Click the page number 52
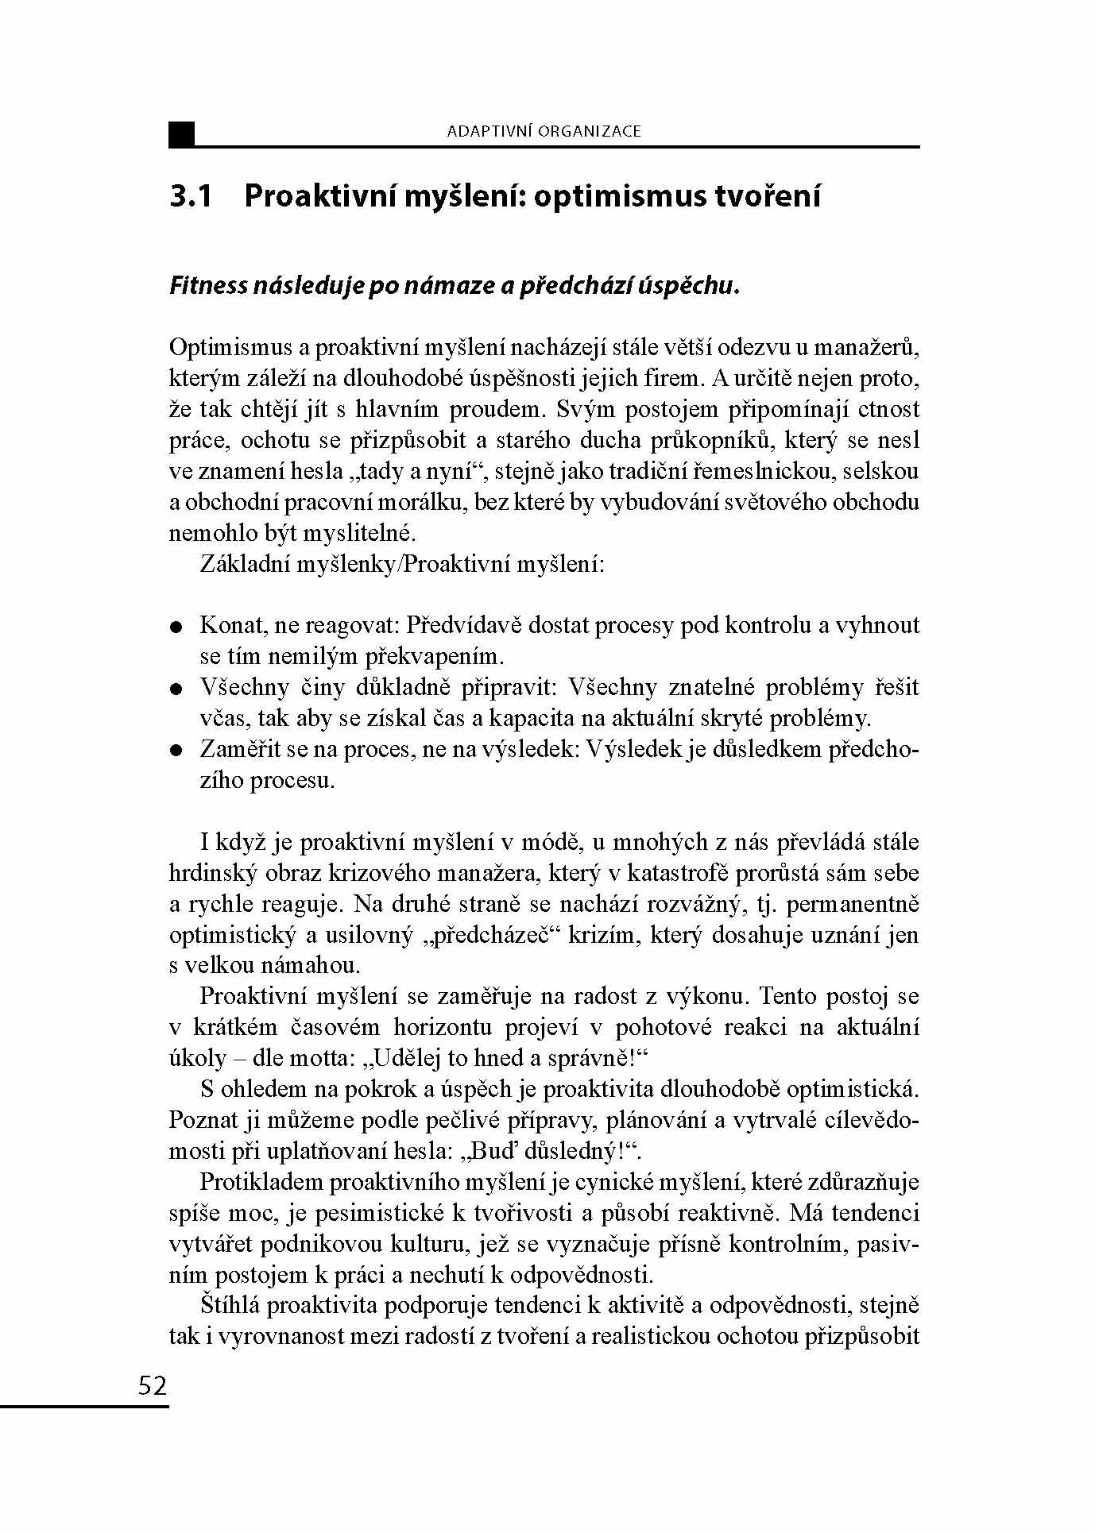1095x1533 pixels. click(153, 1386)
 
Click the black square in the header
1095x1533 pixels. click(181, 134)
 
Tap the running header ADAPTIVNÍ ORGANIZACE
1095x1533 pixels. click(544, 132)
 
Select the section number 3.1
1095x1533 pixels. click(191, 196)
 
